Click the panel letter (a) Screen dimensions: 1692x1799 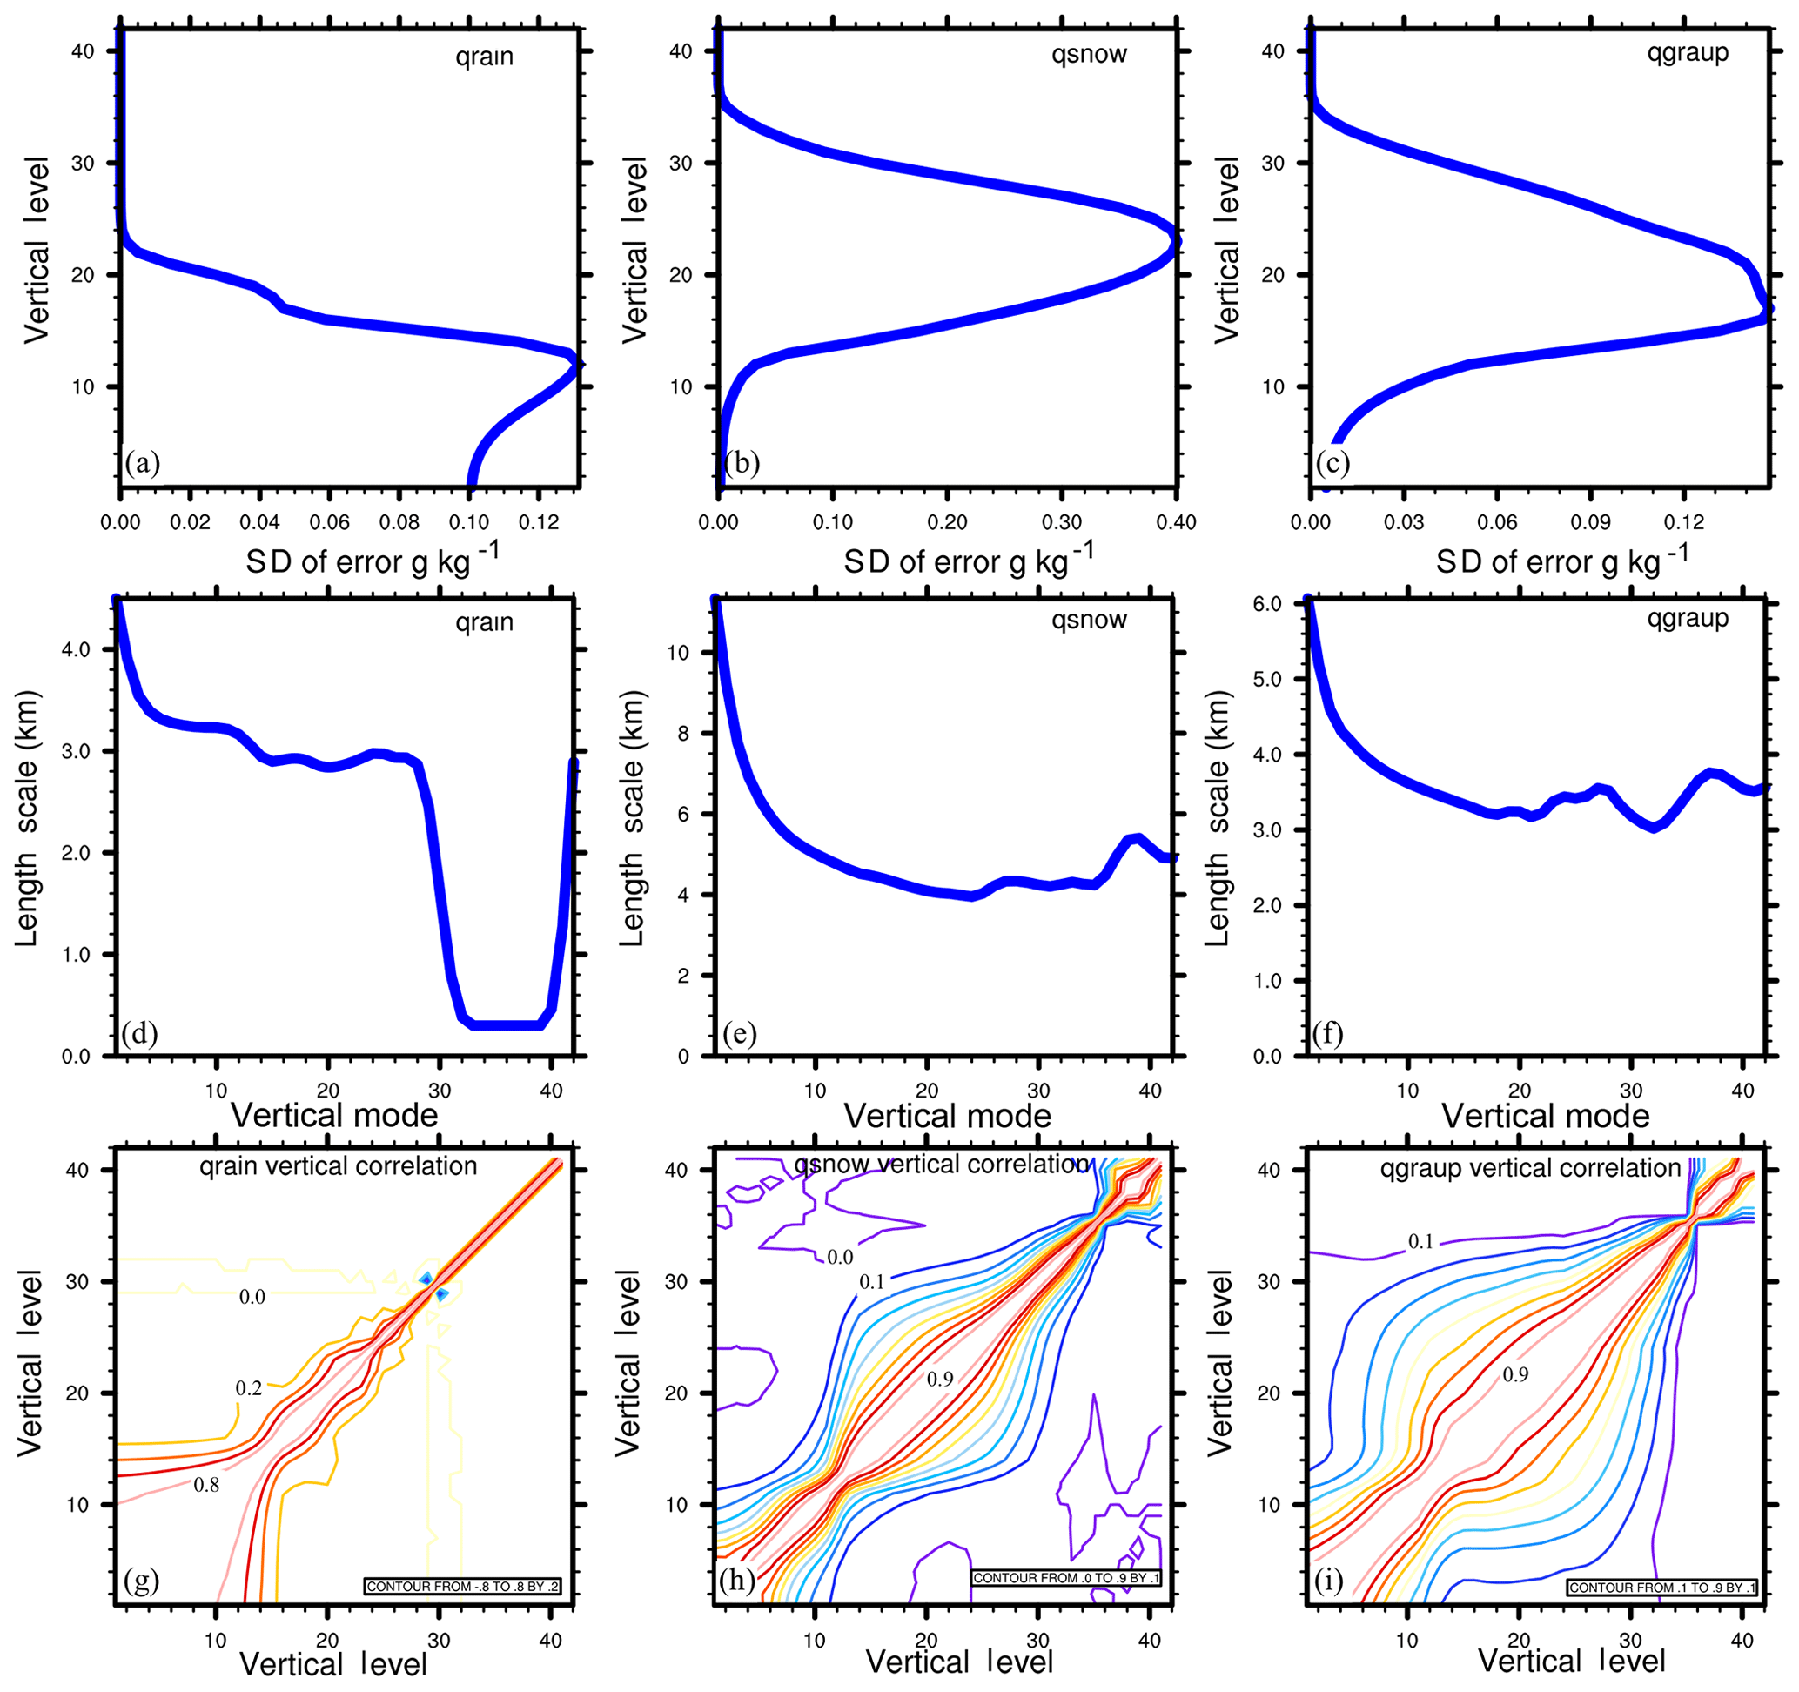click(x=143, y=463)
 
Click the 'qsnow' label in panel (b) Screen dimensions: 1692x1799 click(x=1089, y=55)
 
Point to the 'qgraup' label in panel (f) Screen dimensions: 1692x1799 click(x=1688, y=619)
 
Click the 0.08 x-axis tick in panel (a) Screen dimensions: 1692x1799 click(x=399, y=522)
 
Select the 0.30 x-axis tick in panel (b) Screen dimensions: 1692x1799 click(x=1062, y=522)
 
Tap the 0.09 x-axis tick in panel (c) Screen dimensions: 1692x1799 click(x=1590, y=522)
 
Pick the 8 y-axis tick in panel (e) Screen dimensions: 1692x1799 click(x=683, y=733)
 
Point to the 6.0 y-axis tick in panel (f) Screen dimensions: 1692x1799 click(x=1269, y=604)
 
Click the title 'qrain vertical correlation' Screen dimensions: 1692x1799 click(x=338, y=1166)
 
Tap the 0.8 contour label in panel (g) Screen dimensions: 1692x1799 click(x=206, y=1485)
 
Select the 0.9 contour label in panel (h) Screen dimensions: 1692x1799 click(x=939, y=1378)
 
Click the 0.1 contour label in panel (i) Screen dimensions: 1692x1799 click(x=1420, y=1241)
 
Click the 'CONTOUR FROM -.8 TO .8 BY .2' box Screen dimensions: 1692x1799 click(x=462, y=1586)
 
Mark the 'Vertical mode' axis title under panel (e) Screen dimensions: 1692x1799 click(x=948, y=1116)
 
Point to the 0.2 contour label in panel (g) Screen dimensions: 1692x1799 click(x=249, y=1388)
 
